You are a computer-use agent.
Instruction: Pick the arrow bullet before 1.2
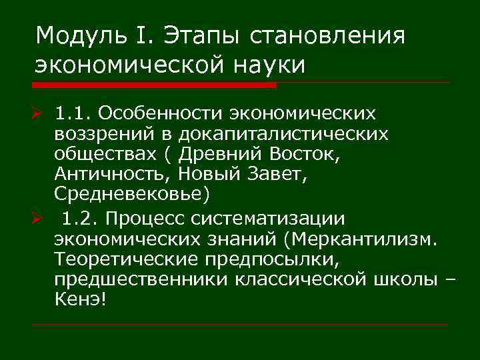click(x=41, y=218)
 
